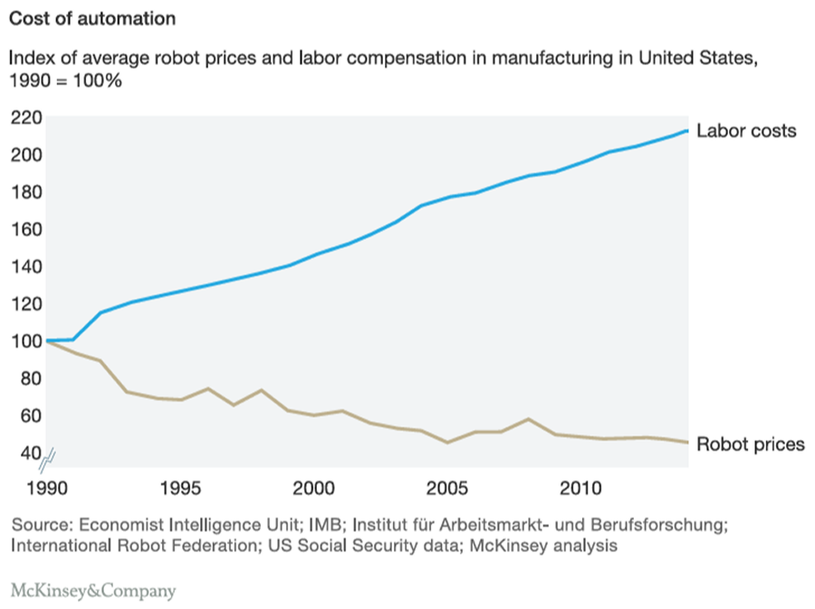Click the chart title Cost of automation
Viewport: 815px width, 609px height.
pyautogui.click(x=92, y=18)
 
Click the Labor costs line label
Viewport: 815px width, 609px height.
pyautogui.click(x=746, y=131)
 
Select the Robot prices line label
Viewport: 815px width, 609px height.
pyautogui.click(x=751, y=444)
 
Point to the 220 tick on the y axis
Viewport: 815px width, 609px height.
pyautogui.click(x=27, y=118)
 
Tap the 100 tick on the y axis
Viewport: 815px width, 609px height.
pyautogui.click(x=27, y=341)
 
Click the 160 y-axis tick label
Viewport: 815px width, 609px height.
pyautogui.click(x=27, y=230)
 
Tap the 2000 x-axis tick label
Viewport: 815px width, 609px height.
pyautogui.click(x=314, y=490)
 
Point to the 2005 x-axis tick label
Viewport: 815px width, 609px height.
pyautogui.click(x=447, y=490)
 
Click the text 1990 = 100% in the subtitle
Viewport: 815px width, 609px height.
pyautogui.click(x=65, y=81)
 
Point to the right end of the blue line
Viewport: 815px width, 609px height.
pyautogui.click(x=686, y=131)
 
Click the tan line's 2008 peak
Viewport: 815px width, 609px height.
pyautogui.click(x=528, y=419)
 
